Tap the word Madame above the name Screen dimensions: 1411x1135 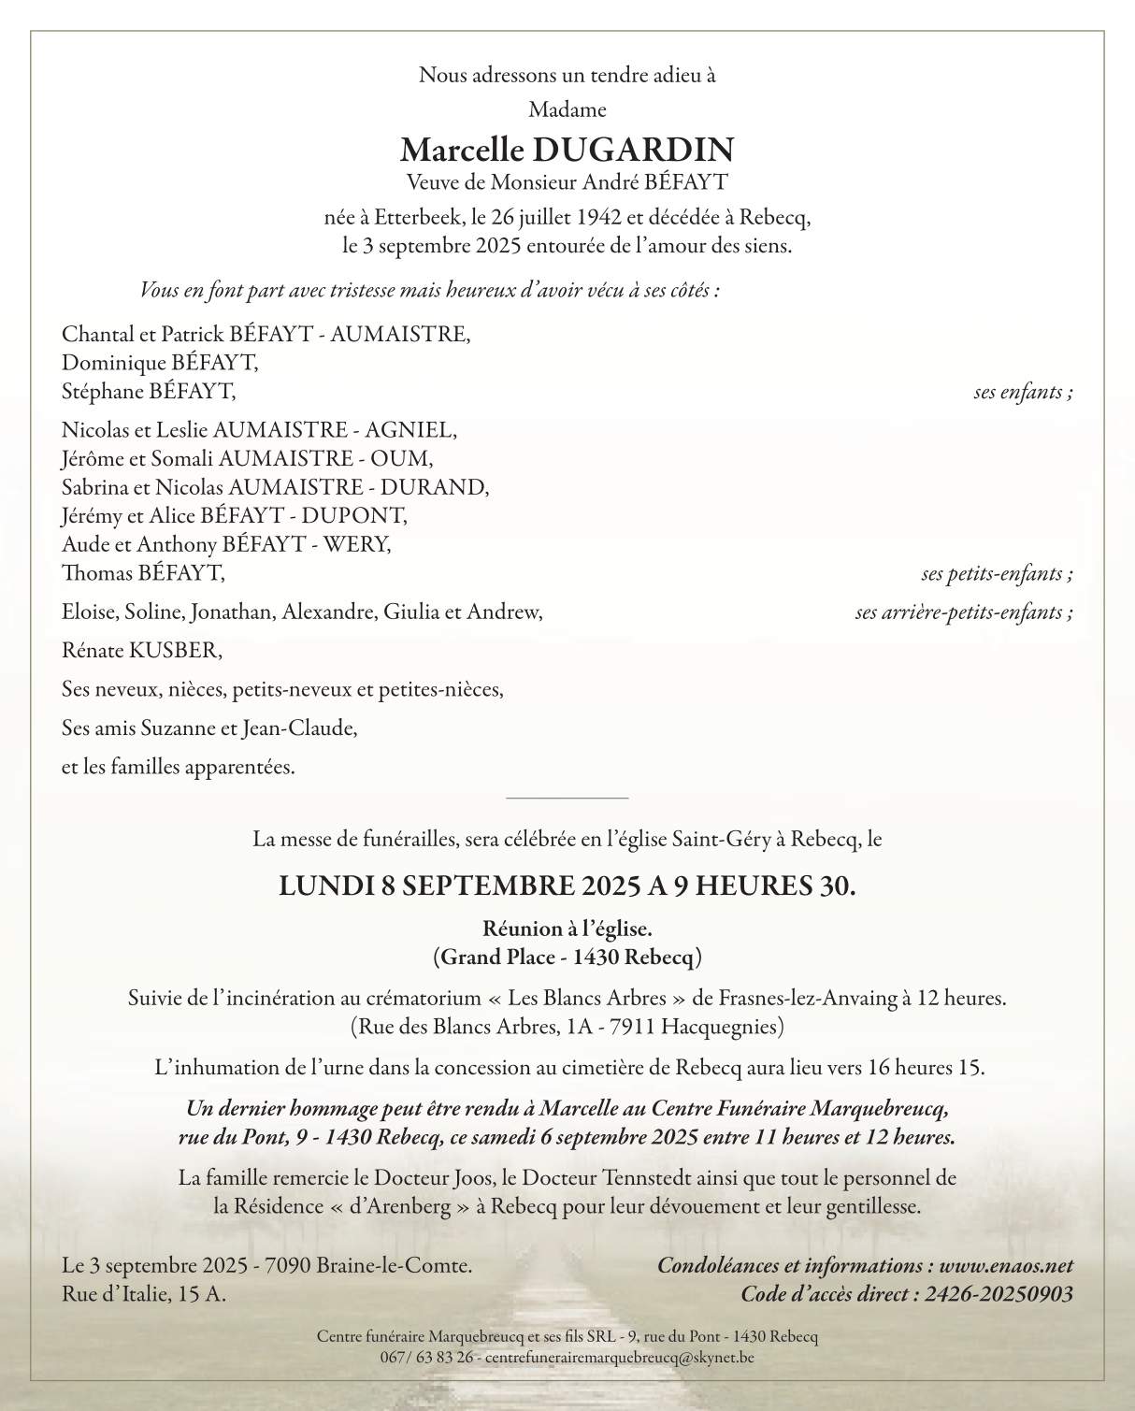(x=567, y=110)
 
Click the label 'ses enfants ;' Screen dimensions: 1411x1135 (x=1023, y=392)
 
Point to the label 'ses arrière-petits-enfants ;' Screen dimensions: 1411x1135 (x=964, y=612)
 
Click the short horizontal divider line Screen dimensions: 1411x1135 (x=567, y=799)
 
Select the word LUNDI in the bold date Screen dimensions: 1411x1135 (x=326, y=885)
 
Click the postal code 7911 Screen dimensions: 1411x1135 (x=632, y=1027)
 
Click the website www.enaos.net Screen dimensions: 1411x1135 (x=1006, y=1266)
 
